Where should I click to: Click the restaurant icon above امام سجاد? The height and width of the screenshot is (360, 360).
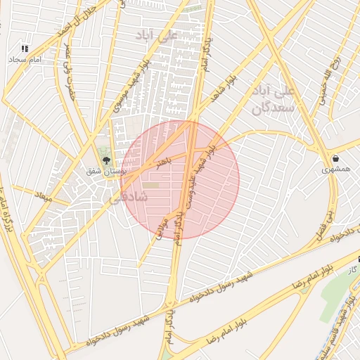25,49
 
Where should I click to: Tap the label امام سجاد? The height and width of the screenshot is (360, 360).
27,60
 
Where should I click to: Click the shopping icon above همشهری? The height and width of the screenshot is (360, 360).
335,158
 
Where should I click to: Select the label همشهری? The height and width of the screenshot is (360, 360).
335,169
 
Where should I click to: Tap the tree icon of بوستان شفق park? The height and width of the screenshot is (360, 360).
107,161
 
